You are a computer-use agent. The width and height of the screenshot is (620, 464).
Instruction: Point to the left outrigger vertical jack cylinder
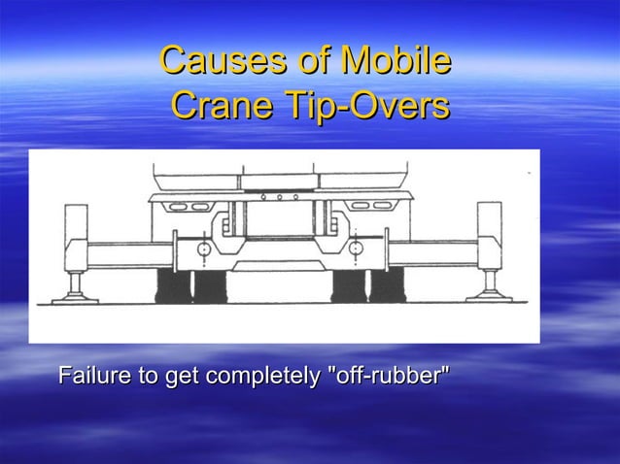coord(76,238)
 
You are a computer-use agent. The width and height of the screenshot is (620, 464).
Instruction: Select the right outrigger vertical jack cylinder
coord(487,238)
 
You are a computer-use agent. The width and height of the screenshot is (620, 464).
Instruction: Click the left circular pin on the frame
coord(202,251)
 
